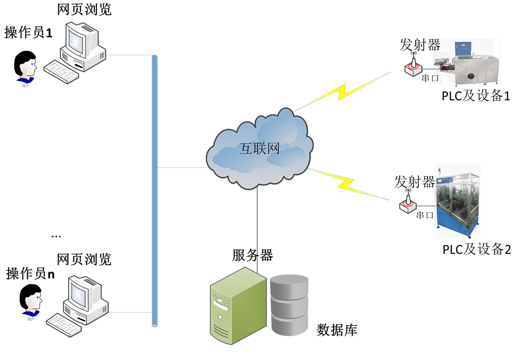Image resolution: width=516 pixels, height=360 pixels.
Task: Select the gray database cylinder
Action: point(289,305)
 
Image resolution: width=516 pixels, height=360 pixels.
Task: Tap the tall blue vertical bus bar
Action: point(155,190)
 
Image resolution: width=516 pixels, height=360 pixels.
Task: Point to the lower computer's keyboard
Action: point(64,325)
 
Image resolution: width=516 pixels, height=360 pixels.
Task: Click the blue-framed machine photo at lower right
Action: point(457,201)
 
